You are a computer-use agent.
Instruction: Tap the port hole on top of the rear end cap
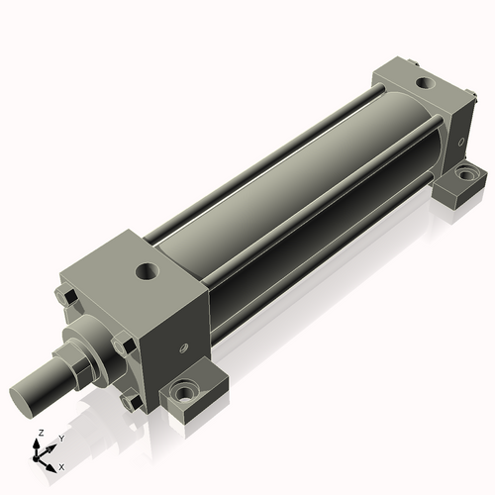pyautogui.click(x=424, y=83)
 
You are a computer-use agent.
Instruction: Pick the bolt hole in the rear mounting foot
pyautogui.click(x=463, y=176)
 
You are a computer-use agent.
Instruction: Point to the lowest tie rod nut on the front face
pyautogui.click(x=130, y=401)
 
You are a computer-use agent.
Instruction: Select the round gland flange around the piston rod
pyautogui.click(x=84, y=354)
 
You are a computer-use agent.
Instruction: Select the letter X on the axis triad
pyautogui.click(x=61, y=465)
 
